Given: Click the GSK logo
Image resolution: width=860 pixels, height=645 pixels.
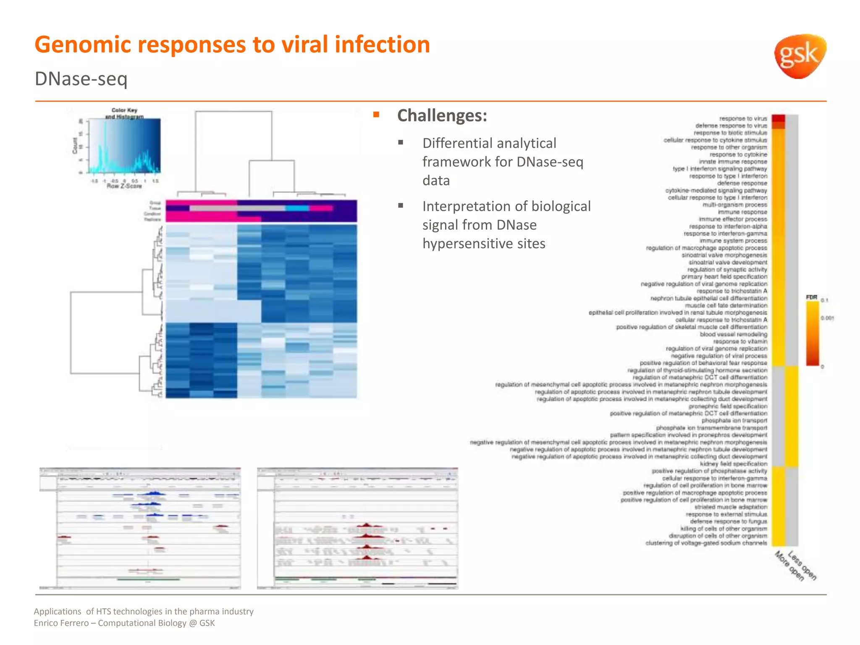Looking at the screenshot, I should pos(800,56).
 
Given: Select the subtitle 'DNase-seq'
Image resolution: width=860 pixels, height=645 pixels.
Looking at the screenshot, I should pos(81,79).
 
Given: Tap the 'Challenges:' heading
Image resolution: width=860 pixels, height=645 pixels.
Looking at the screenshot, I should pos(442,115).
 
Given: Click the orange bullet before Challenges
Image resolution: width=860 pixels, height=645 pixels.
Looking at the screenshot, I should pos(376,115).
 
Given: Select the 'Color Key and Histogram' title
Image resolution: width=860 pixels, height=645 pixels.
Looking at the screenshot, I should pos(124,113).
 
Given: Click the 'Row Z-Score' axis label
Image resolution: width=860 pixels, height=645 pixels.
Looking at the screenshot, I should pos(124,186).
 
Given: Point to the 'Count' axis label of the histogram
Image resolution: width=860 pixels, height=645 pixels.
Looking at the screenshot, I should pos(76,146).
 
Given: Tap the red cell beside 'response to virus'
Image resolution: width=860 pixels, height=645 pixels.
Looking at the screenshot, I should pos(778,119).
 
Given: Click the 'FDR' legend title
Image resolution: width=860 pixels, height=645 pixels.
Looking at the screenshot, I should pos(811,297).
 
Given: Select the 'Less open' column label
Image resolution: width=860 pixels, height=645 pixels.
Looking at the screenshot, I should pos(802,566).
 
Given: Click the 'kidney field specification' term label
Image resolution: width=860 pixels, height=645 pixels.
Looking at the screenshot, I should pos(733,464).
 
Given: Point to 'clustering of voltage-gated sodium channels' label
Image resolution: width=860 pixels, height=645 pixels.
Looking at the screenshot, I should pos(706,543).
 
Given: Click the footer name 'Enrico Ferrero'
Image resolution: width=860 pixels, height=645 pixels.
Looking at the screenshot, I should pos(61,623).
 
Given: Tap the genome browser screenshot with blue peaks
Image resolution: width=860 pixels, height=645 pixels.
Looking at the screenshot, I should pos(140,528).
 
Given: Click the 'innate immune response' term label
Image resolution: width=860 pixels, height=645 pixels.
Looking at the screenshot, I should pos(733,162).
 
